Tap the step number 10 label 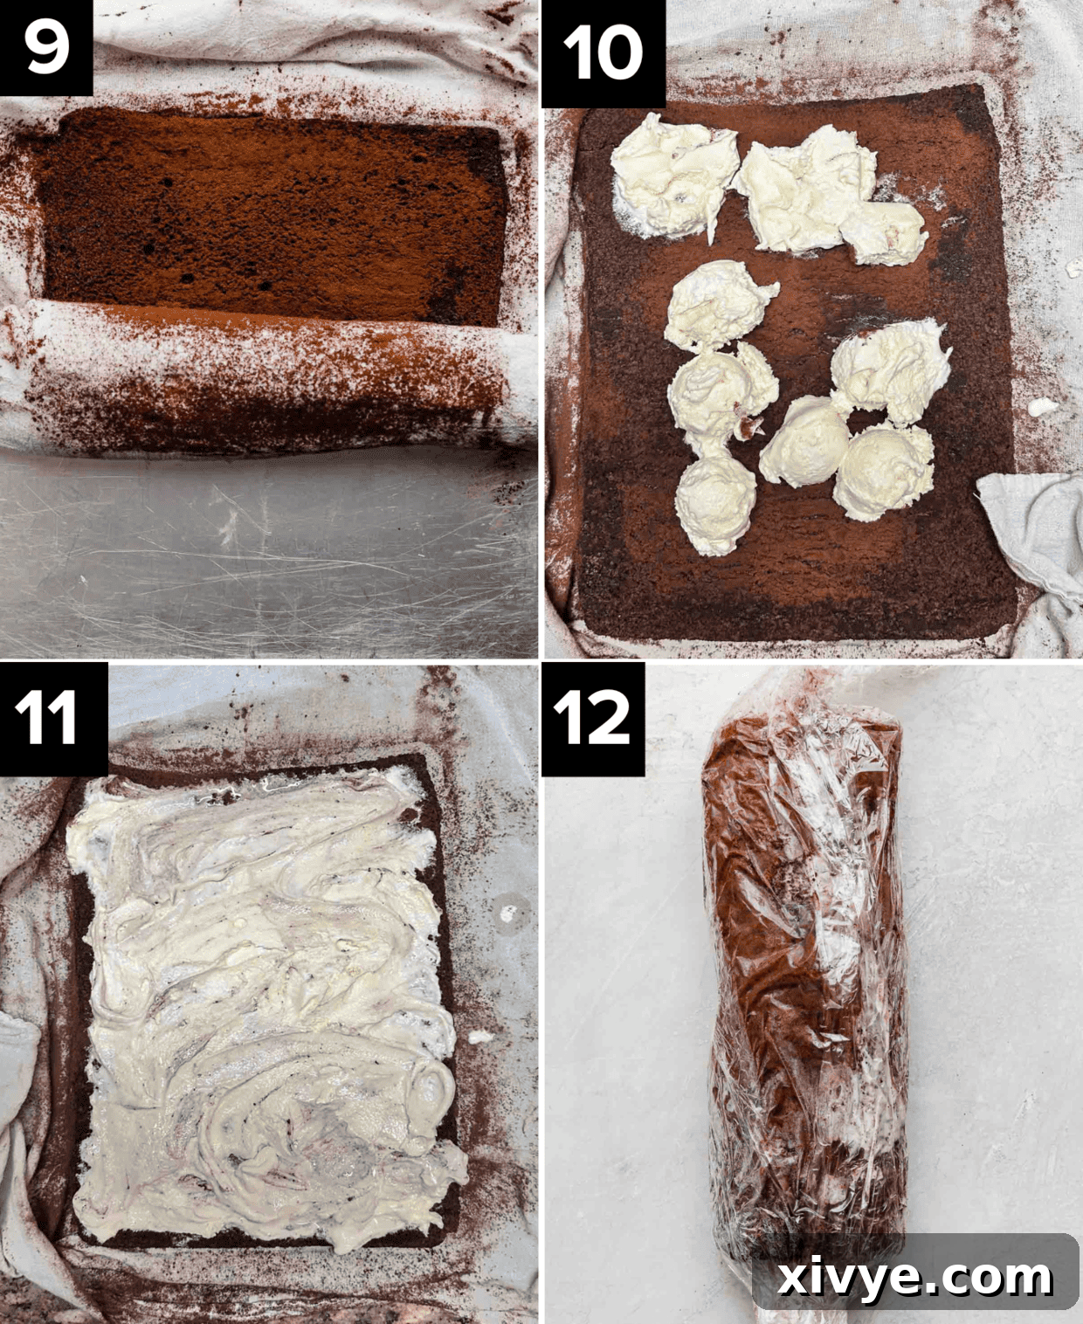(x=603, y=52)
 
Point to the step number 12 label (x=592, y=718)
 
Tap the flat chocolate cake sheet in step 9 (x=271, y=210)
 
